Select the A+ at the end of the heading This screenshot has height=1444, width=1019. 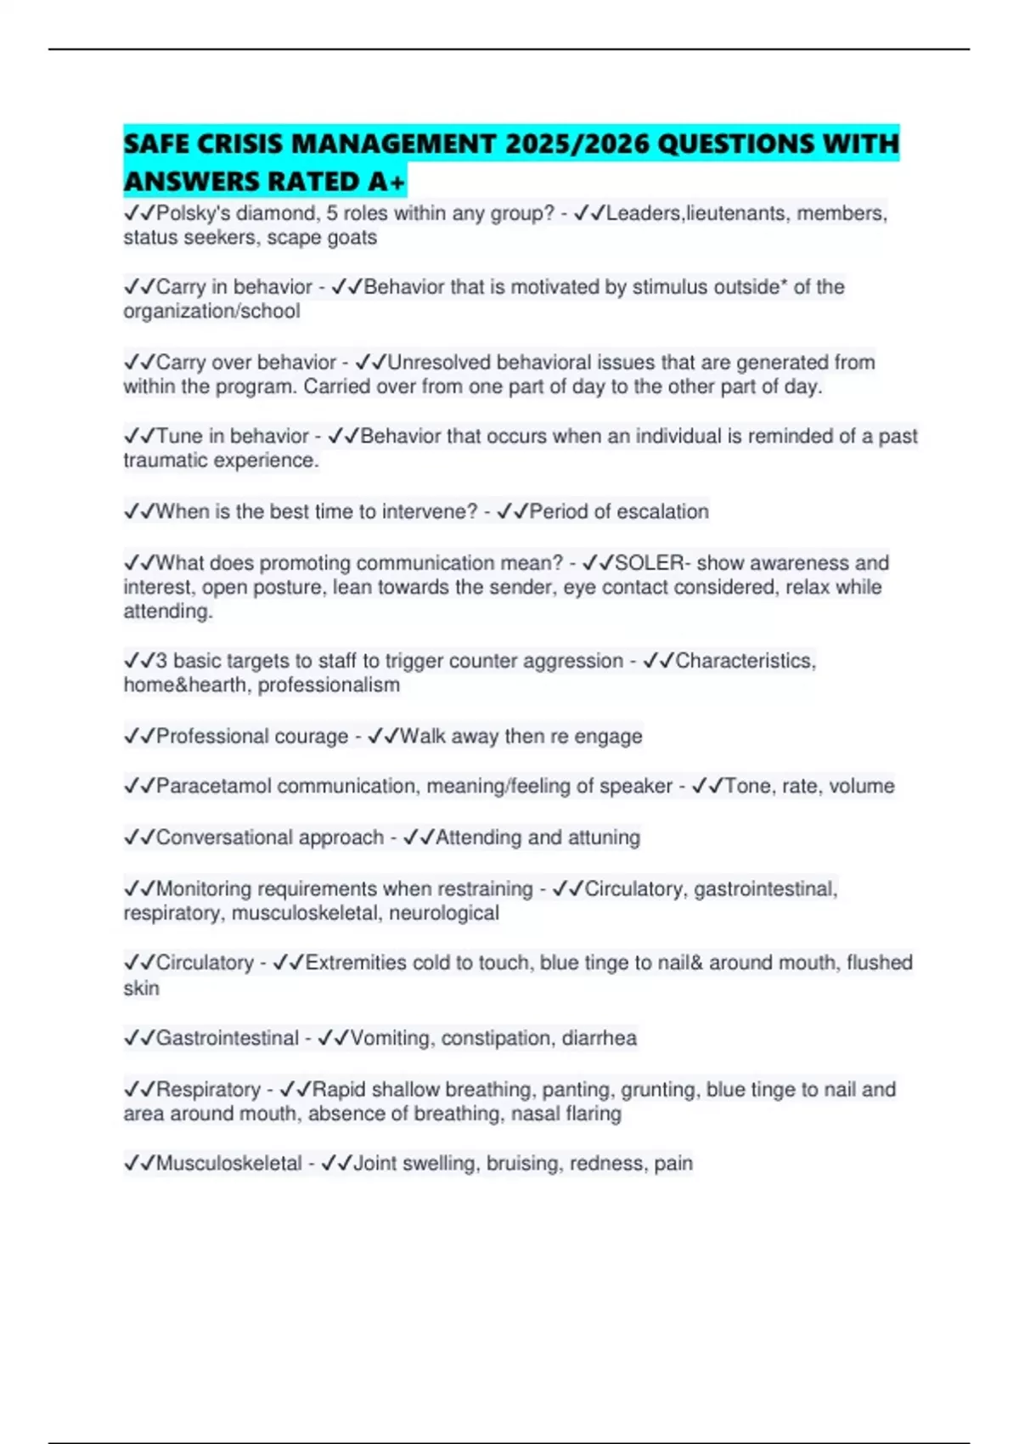(387, 182)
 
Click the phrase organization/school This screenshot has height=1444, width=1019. (211, 312)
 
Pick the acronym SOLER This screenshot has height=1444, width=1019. (649, 563)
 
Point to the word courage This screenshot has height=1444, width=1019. (307, 736)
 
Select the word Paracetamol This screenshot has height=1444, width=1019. (213, 787)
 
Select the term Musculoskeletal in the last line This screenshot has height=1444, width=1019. (228, 1164)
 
